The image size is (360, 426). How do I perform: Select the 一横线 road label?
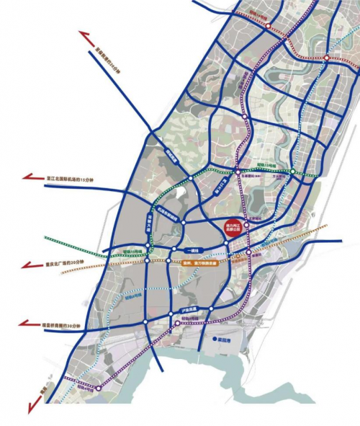pyautogui.click(x=192, y=249)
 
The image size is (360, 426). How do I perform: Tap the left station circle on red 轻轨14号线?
pyautogui.click(x=269, y=26)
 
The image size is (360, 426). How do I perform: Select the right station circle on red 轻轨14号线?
pyautogui.click(x=325, y=57)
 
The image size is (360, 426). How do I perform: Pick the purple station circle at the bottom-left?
pyautogui.click(x=100, y=388)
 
